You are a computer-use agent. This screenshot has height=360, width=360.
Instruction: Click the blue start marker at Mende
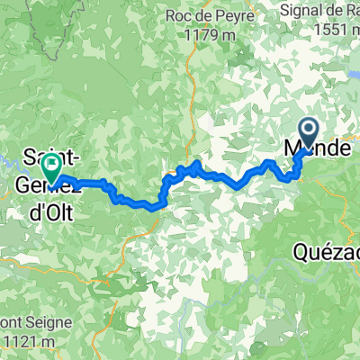(308, 134)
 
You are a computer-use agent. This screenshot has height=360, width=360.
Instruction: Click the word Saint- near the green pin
(38, 154)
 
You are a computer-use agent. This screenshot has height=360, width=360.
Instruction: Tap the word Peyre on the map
(226, 15)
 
